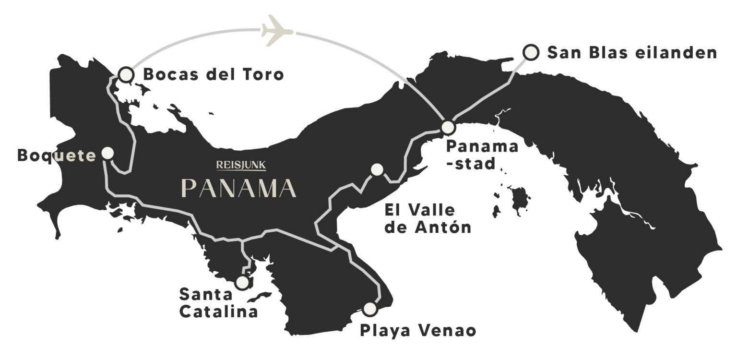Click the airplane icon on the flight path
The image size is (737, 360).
277,31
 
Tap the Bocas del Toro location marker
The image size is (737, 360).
126,74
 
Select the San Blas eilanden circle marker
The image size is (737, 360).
530,52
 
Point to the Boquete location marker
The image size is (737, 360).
108,153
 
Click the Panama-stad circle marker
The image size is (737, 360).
448,128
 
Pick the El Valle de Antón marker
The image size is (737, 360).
377,169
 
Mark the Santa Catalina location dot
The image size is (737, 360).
243,282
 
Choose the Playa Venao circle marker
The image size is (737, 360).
369,309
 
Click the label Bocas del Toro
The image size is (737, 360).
214,75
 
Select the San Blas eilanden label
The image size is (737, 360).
632,52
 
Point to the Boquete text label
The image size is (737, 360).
57,156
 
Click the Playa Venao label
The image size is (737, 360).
417,331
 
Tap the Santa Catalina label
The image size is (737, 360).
219,302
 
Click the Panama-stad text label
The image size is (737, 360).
481,155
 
